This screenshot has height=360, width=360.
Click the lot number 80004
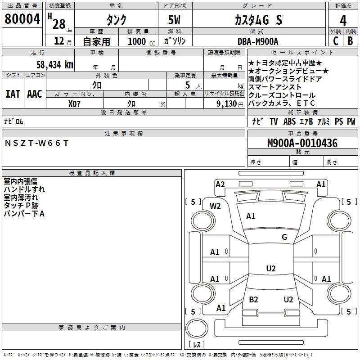point(22,19)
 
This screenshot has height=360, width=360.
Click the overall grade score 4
point(343,20)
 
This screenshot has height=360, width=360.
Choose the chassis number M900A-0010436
point(302,143)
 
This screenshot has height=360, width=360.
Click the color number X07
point(74,103)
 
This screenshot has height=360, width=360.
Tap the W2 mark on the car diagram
point(216,206)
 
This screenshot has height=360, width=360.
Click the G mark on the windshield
point(284,237)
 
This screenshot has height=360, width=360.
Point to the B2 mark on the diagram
point(253,300)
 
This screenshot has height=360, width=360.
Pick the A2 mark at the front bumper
point(220,184)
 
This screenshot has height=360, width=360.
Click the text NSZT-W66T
point(36,143)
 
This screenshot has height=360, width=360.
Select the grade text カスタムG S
point(258,20)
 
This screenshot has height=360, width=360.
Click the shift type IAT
point(13,94)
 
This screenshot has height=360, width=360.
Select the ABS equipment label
point(290,121)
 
